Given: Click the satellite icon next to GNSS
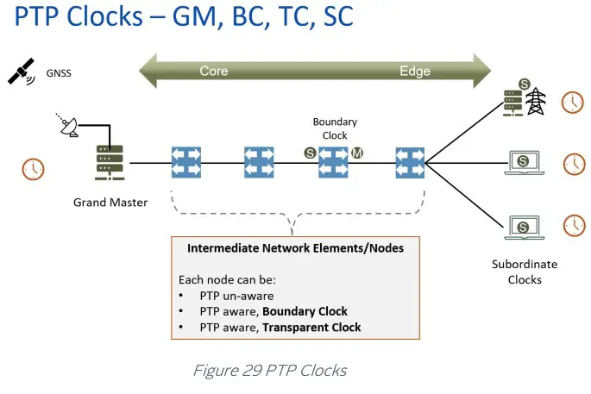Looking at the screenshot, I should coord(22,72).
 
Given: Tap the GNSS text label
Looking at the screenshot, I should coord(60,73).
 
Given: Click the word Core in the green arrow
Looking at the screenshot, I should coord(214,71).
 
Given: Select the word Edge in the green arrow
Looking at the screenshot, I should coord(415,71).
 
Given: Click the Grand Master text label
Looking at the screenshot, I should coord(110,203).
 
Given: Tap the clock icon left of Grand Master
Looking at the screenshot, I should coord(33,168).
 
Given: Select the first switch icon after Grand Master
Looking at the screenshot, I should coord(185,161).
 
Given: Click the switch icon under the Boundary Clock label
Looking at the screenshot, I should coord(333,161).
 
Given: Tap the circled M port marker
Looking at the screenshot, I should coord(357,153).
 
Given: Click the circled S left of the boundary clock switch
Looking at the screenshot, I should coord(310,153).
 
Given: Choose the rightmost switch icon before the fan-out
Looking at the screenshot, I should coord(409,161).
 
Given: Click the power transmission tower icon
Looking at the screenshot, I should coord(537,101).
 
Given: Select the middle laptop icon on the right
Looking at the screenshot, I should coord(524,161).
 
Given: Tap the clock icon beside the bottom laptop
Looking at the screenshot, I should coord(574,225).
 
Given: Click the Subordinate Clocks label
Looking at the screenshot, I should coord(525,272).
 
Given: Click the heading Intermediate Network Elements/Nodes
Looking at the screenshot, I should coord(296,248).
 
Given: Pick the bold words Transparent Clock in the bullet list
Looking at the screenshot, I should coord(311,327).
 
